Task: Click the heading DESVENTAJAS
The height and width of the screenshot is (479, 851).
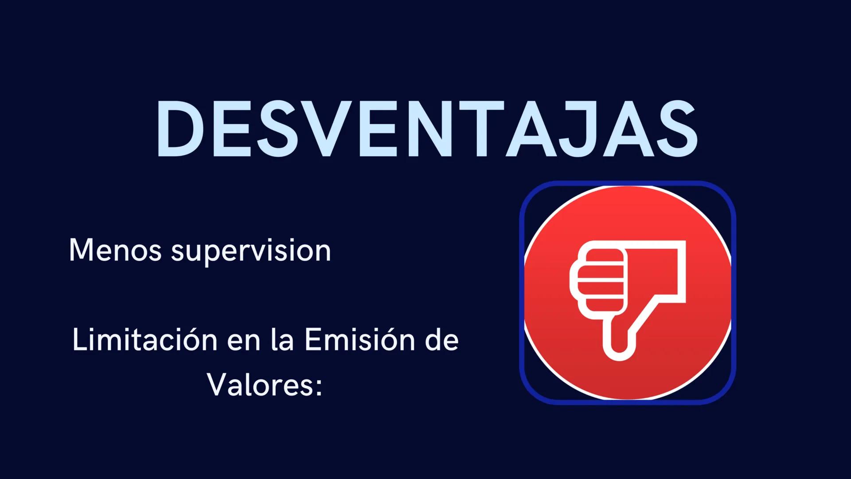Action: tap(426, 129)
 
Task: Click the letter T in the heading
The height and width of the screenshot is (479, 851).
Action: tap(480, 129)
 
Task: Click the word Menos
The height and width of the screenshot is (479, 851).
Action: tap(115, 251)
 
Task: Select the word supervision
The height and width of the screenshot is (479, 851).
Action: tap(251, 252)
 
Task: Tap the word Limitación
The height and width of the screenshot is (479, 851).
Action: tap(144, 340)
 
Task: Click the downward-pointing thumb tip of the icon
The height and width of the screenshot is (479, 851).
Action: tap(619, 350)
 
